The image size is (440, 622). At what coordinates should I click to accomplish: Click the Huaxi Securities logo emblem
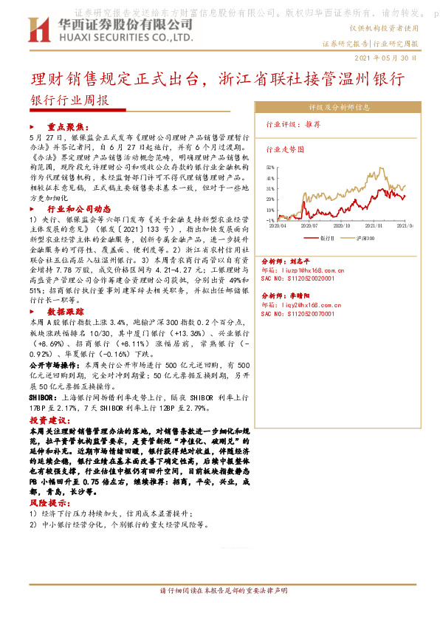[36, 29]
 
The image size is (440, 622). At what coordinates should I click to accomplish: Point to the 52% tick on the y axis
[270, 168]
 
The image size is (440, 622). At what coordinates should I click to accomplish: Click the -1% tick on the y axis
[270, 220]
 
